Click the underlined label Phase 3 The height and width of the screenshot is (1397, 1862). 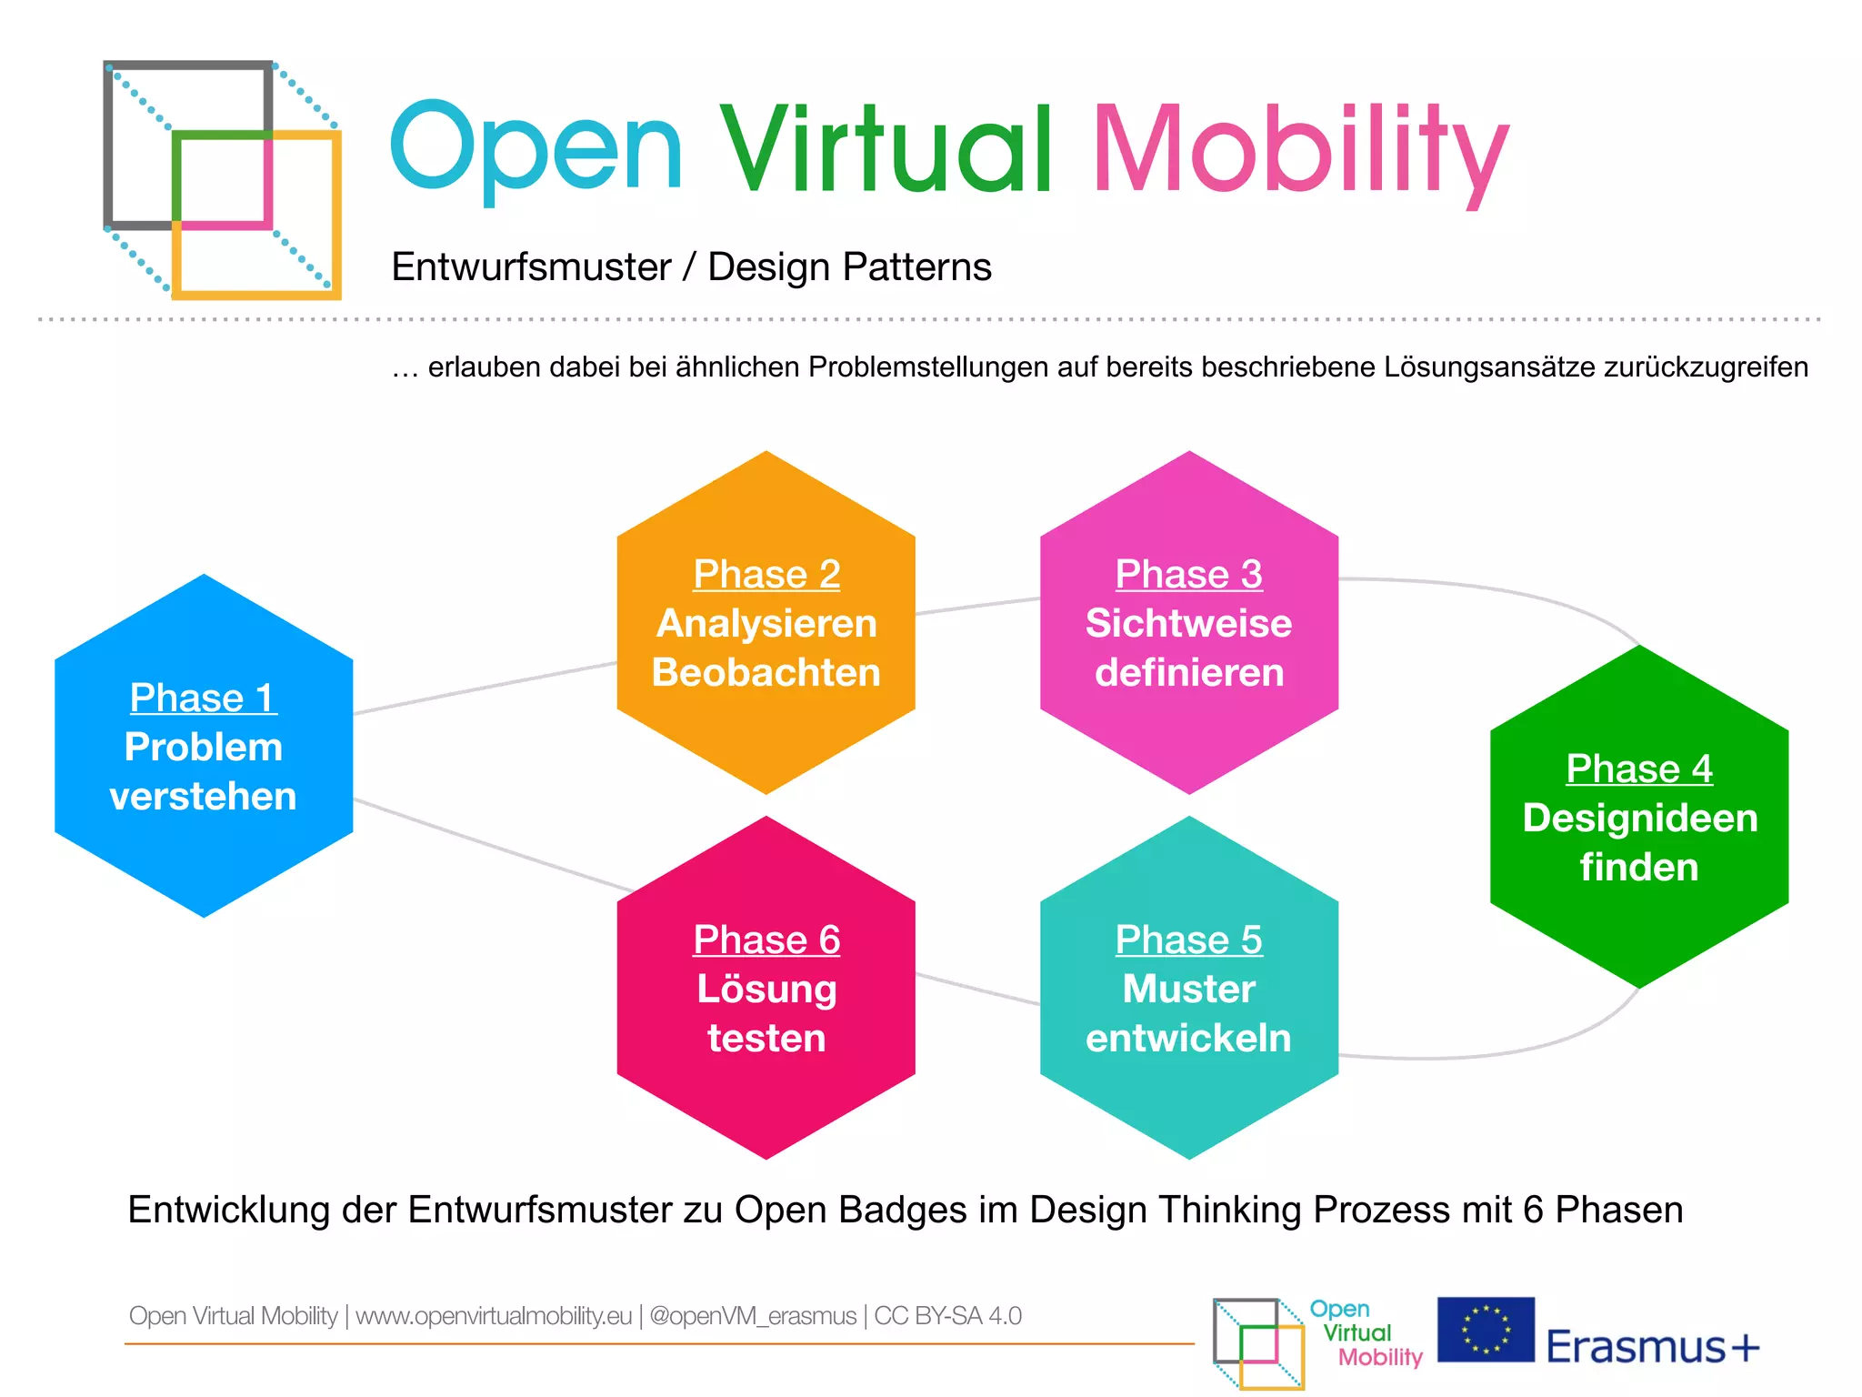(1188, 574)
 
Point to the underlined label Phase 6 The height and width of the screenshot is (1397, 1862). (766, 940)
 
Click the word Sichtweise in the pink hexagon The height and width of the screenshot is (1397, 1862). (1188, 623)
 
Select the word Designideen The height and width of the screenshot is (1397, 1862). (1639, 818)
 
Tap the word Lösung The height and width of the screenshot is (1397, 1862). (766, 990)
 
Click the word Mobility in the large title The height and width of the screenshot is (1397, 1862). (1300, 150)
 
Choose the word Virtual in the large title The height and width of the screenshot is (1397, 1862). (886, 150)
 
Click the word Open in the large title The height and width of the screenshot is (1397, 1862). (536, 150)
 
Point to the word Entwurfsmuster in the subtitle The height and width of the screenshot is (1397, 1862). (531, 267)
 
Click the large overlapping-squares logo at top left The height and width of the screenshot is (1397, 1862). (223, 179)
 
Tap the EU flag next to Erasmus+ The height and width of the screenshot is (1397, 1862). (1486, 1329)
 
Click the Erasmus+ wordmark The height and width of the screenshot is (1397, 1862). (1652, 1347)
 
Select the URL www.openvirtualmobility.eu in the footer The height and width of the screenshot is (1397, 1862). (493, 1316)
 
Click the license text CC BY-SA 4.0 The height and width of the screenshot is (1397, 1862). (947, 1316)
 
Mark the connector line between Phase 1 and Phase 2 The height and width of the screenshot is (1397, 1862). (485, 688)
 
